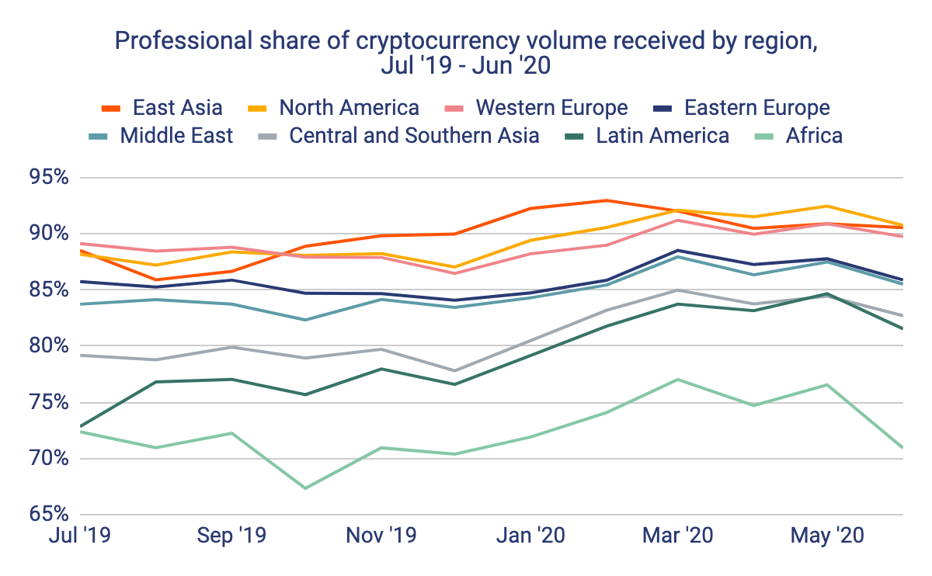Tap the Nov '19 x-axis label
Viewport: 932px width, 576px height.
coord(381,536)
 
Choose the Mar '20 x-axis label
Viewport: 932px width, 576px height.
coord(679,536)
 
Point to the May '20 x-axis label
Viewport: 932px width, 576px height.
coord(827,536)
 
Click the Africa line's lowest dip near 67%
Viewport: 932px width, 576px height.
coord(305,488)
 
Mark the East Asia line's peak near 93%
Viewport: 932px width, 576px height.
coord(605,200)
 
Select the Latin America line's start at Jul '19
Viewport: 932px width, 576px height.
coord(80,427)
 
